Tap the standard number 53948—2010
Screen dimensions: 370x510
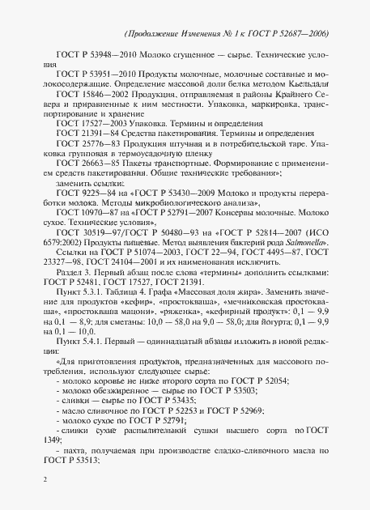pos(106,61)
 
